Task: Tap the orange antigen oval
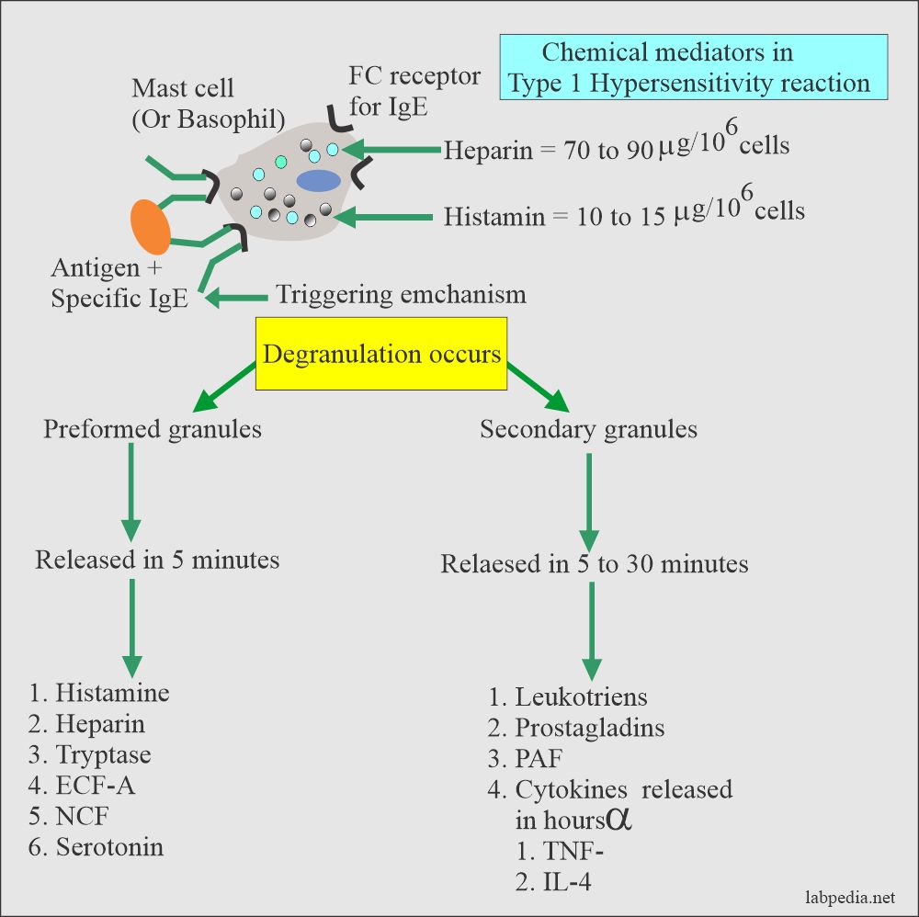pyautogui.click(x=150, y=227)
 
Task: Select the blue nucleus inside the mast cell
pyautogui.click(x=317, y=180)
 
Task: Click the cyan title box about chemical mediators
pyautogui.click(x=694, y=67)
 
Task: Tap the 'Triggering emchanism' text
pyautogui.click(x=401, y=295)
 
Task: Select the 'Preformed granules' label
pyautogui.click(x=152, y=429)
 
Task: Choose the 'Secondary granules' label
pyautogui.click(x=588, y=429)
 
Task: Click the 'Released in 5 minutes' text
pyautogui.click(x=157, y=559)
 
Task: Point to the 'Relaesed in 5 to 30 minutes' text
pyautogui.click(x=594, y=563)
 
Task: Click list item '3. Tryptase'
pyautogui.click(x=90, y=754)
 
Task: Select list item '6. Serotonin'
pyautogui.click(x=96, y=846)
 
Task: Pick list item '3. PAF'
pyautogui.click(x=526, y=758)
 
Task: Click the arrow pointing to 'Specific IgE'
pyautogui.click(x=236, y=298)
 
